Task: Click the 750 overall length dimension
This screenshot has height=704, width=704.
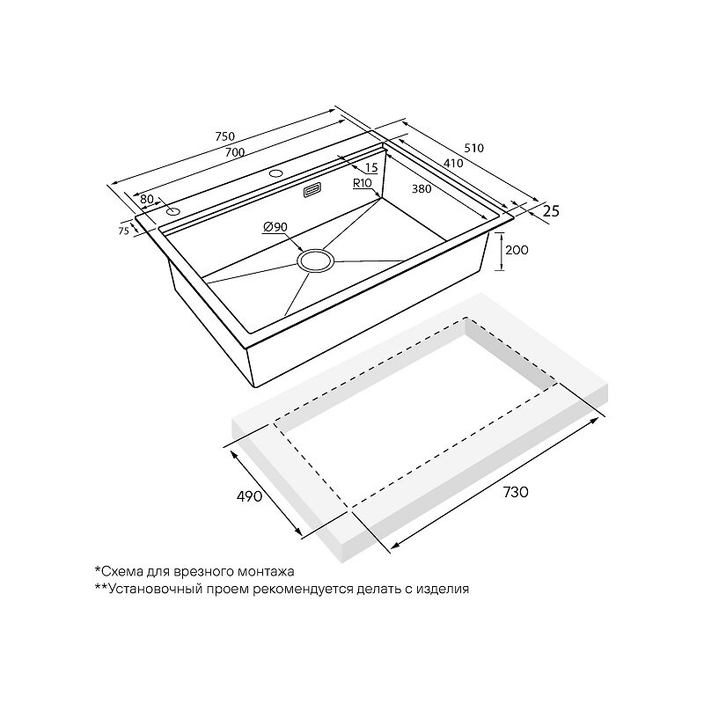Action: coord(225,136)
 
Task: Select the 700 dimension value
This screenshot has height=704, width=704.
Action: coord(235,151)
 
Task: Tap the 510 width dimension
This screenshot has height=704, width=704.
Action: coord(474,148)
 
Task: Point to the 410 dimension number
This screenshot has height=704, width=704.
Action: coord(453,163)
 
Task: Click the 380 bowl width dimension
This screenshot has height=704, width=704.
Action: coord(422,189)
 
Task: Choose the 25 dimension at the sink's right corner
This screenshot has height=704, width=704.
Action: coord(551,210)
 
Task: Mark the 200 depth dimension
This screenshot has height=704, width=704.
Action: coord(517,250)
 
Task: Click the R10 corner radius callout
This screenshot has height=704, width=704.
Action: coord(362,183)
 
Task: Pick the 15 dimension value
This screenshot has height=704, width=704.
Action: coord(371,167)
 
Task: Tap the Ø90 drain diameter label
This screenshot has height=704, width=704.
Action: coord(275,227)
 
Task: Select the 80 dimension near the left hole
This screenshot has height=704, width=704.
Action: coord(147,199)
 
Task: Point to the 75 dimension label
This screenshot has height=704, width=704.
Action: coord(123,231)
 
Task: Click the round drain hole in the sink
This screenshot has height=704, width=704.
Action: coord(316,261)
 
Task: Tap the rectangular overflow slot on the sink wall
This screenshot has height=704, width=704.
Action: coord(312,190)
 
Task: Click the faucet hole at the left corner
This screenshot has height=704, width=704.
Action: coord(172,211)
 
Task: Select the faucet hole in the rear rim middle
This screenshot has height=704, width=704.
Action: coord(275,172)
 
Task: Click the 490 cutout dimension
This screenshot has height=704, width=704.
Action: coord(249,496)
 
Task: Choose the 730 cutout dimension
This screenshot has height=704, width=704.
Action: coord(516,492)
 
